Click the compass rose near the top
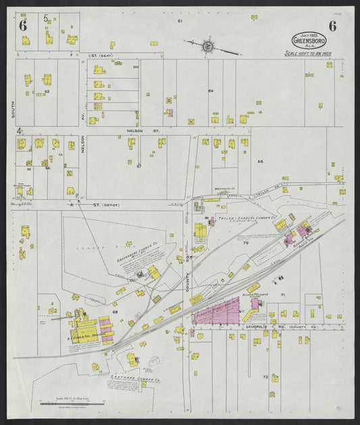(x=208, y=47)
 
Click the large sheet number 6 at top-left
(x=23, y=26)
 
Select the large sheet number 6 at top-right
(x=333, y=26)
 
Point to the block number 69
(x=115, y=311)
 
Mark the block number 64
(x=211, y=90)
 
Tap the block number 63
(x=47, y=91)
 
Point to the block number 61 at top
(x=180, y=22)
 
